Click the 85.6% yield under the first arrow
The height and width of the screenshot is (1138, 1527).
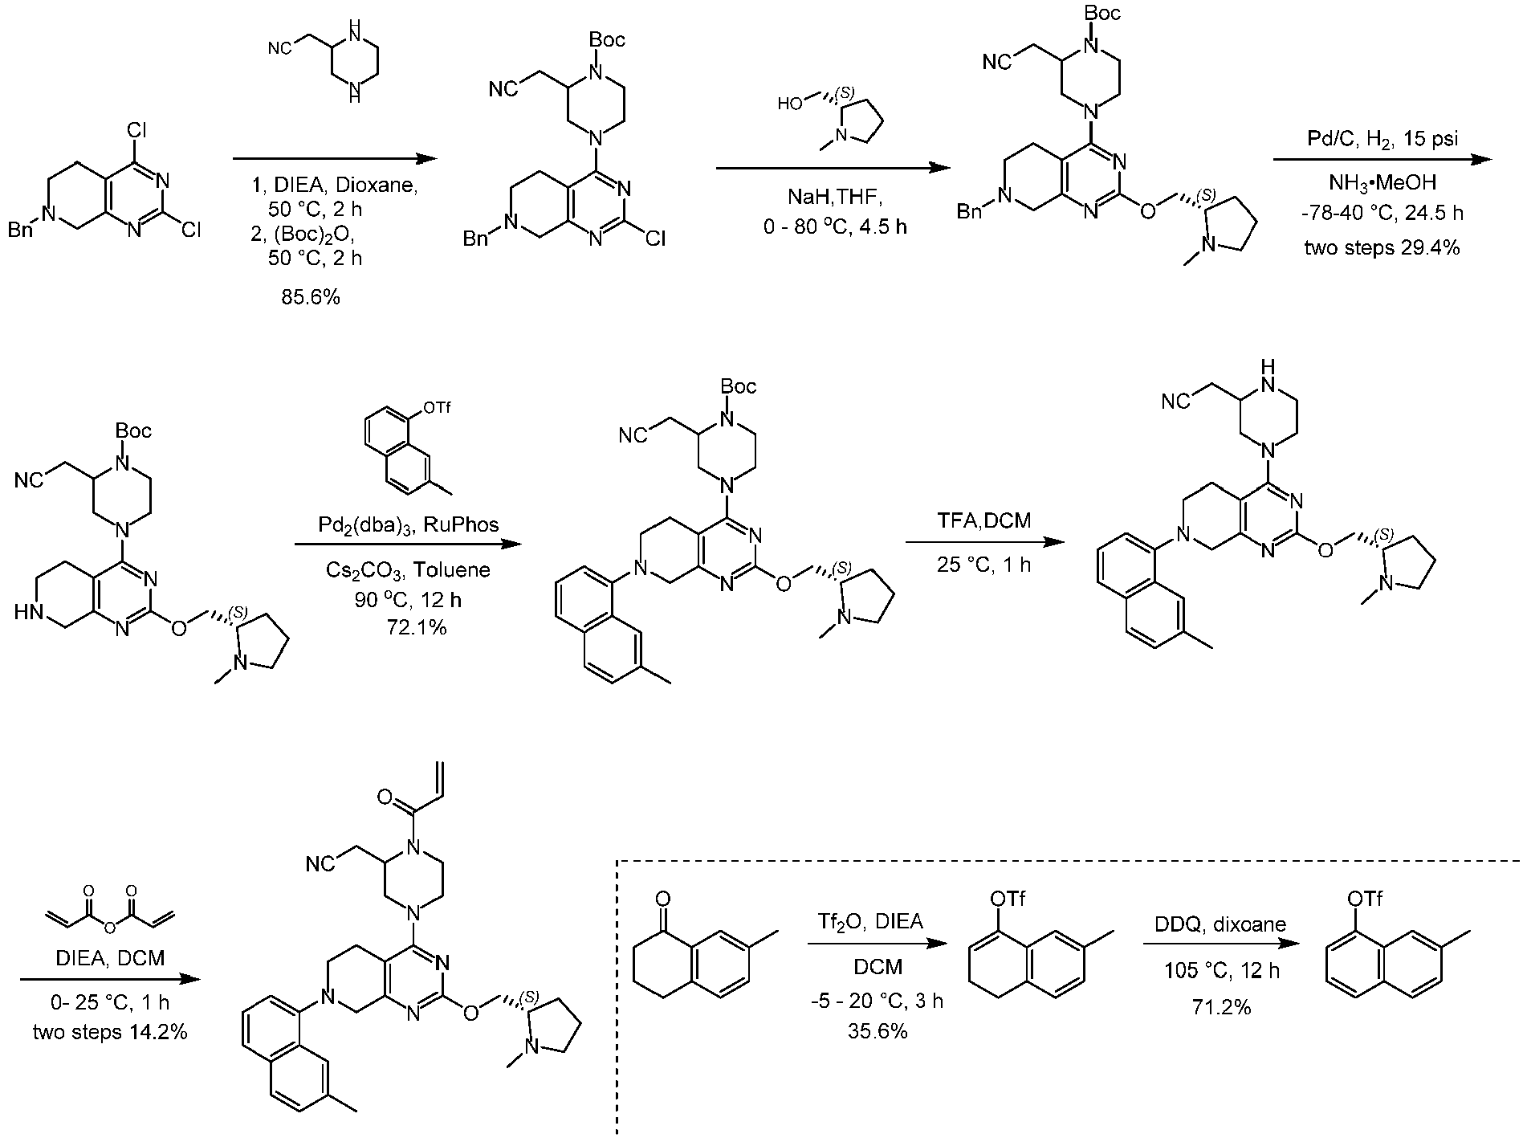[x=312, y=298]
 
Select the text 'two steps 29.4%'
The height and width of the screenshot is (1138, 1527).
[x=1382, y=248]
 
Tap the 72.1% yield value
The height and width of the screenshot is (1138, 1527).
[x=417, y=628]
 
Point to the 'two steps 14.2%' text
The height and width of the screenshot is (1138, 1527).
[x=110, y=1032]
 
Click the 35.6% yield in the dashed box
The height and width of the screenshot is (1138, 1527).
[x=878, y=1031]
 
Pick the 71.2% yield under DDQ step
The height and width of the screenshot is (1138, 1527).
[x=1222, y=1007]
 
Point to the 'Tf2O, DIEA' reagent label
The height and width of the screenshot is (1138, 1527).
[x=878, y=924]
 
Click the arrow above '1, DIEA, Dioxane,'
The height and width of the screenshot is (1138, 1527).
[x=337, y=159]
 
